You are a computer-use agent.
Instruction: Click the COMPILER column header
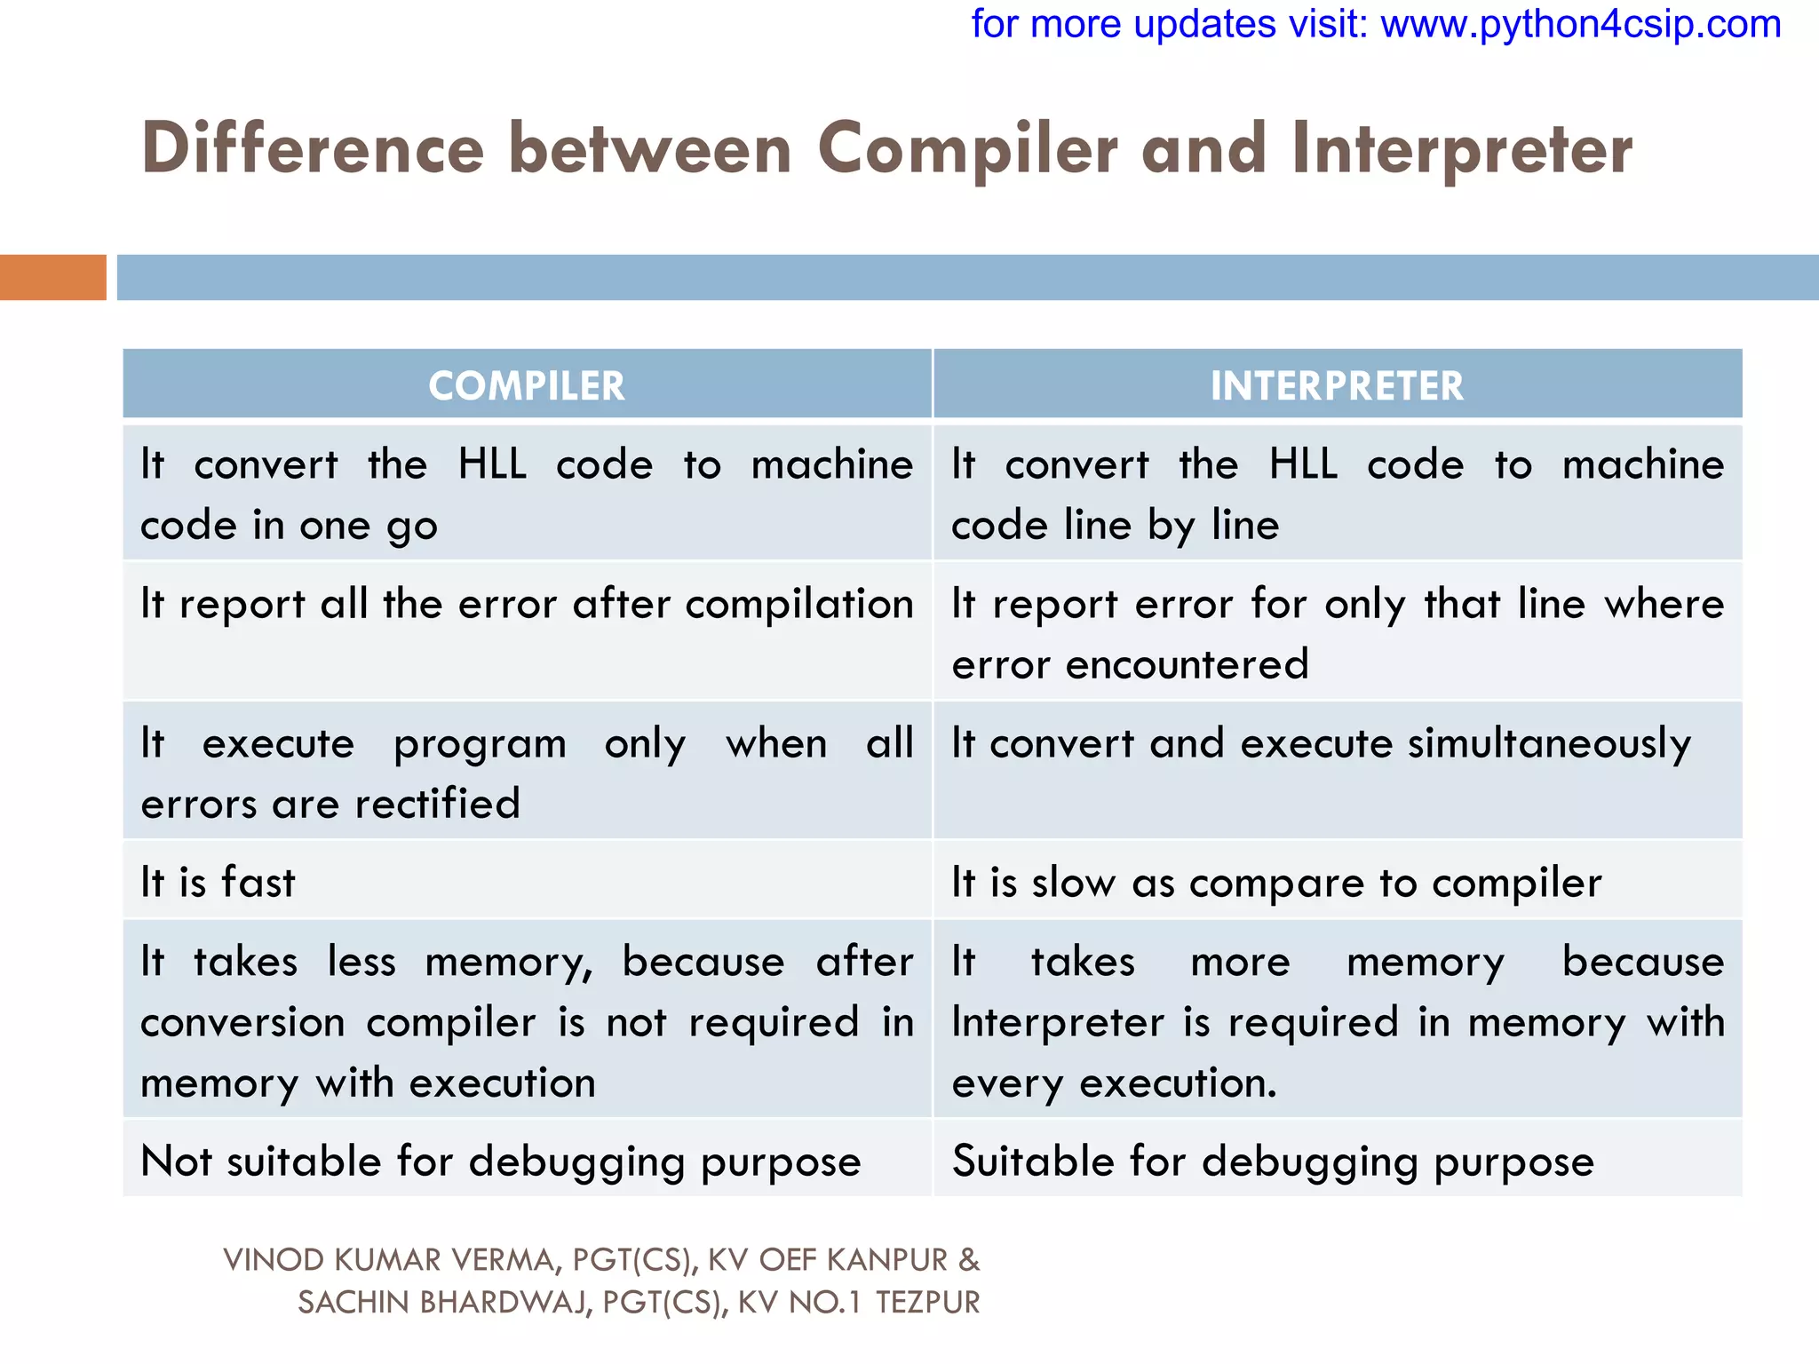tap(527, 385)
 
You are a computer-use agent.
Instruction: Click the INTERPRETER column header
tap(1337, 385)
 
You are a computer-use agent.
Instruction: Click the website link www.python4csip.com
tap(1580, 24)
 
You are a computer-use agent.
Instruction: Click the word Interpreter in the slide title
tap(1462, 148)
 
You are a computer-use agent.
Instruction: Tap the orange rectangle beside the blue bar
tap(52, 277)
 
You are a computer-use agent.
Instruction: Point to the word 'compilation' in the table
tap(799, 604)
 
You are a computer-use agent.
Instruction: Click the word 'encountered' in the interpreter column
tap(1187, 664)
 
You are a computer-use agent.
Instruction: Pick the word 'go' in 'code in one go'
tap(412, 527)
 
